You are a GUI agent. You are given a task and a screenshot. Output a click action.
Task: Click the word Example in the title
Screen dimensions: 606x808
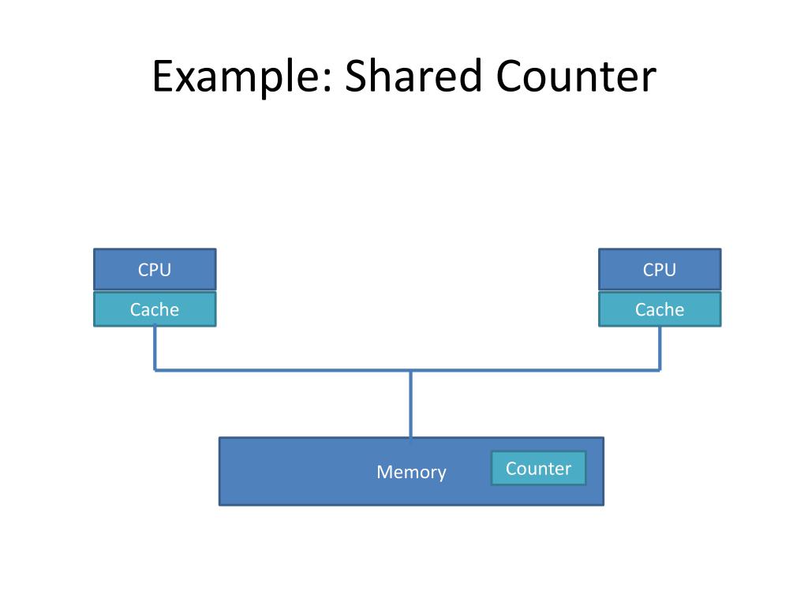tap(235, 77)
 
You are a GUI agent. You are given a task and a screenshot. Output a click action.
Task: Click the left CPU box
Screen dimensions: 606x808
tap(155, 269)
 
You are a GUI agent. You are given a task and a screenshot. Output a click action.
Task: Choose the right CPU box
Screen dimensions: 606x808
tap(660, 269)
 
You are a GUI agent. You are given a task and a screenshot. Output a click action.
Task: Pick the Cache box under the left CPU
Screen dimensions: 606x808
tap(155, 309)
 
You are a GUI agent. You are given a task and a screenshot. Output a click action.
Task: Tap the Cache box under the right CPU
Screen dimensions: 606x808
tap(660, 309)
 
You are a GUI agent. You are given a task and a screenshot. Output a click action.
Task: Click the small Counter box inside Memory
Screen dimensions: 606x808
tap(538, 468)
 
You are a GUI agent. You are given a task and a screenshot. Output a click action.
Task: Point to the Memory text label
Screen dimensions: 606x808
tap(411, 472)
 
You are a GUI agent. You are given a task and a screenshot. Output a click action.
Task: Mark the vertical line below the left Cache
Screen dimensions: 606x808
tap(155, 347)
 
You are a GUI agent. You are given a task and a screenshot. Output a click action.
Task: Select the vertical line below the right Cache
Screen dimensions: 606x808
tap(660, 347)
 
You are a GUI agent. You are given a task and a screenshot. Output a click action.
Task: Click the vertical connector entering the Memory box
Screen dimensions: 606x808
tap(410, 404)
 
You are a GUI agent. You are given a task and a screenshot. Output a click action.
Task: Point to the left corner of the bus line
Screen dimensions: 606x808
tap(155, 369)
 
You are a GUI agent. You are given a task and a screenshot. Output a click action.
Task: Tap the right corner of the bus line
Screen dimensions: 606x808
tap(660, 369)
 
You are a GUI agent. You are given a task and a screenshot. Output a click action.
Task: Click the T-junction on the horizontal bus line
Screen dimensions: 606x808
tap(410, 369)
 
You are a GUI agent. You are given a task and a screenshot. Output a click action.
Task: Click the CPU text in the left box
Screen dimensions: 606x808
tap(155, 270)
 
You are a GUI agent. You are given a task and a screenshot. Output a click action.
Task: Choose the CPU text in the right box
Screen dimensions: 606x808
tap(660, 270)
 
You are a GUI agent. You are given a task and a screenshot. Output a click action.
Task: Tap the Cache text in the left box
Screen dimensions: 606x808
tap(155, 310)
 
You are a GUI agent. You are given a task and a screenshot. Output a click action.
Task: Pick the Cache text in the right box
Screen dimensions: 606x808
tap(660, 310)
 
